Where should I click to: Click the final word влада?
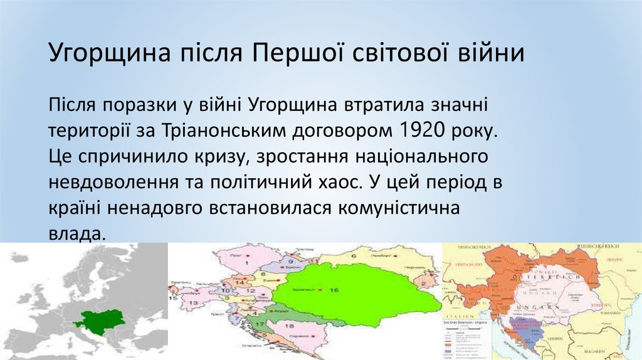pyautogui.click(x=74, y=233)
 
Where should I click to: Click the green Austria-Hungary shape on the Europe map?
pyautogui.click(x=99, y=321)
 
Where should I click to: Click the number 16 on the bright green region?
pyautogui.click(x=334, y=291)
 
